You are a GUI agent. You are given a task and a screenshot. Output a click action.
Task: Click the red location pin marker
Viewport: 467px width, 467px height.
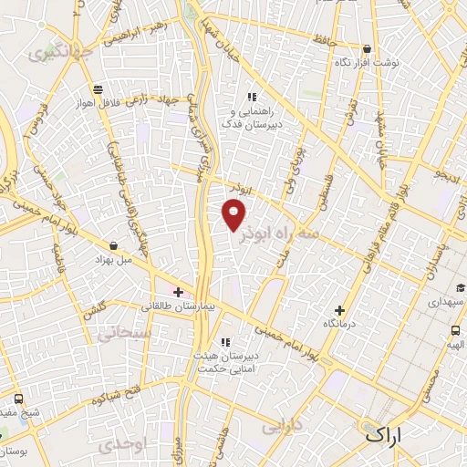pos(234,215)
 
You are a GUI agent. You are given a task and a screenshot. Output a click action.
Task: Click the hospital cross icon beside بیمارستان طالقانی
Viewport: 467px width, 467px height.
pos(177,292)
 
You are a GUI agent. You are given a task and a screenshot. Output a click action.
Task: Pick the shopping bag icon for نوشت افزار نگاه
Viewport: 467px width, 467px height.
pos(367,48)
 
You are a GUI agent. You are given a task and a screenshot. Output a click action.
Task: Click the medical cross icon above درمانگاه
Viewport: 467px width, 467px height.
pos(340,310)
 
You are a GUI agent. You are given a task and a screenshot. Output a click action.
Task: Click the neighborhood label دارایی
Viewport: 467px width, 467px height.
pos(282,426)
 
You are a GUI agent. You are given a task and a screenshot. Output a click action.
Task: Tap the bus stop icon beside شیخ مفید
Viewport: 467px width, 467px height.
pos(19,399)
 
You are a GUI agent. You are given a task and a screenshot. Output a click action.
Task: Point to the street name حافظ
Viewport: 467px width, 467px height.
pos(325,40)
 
